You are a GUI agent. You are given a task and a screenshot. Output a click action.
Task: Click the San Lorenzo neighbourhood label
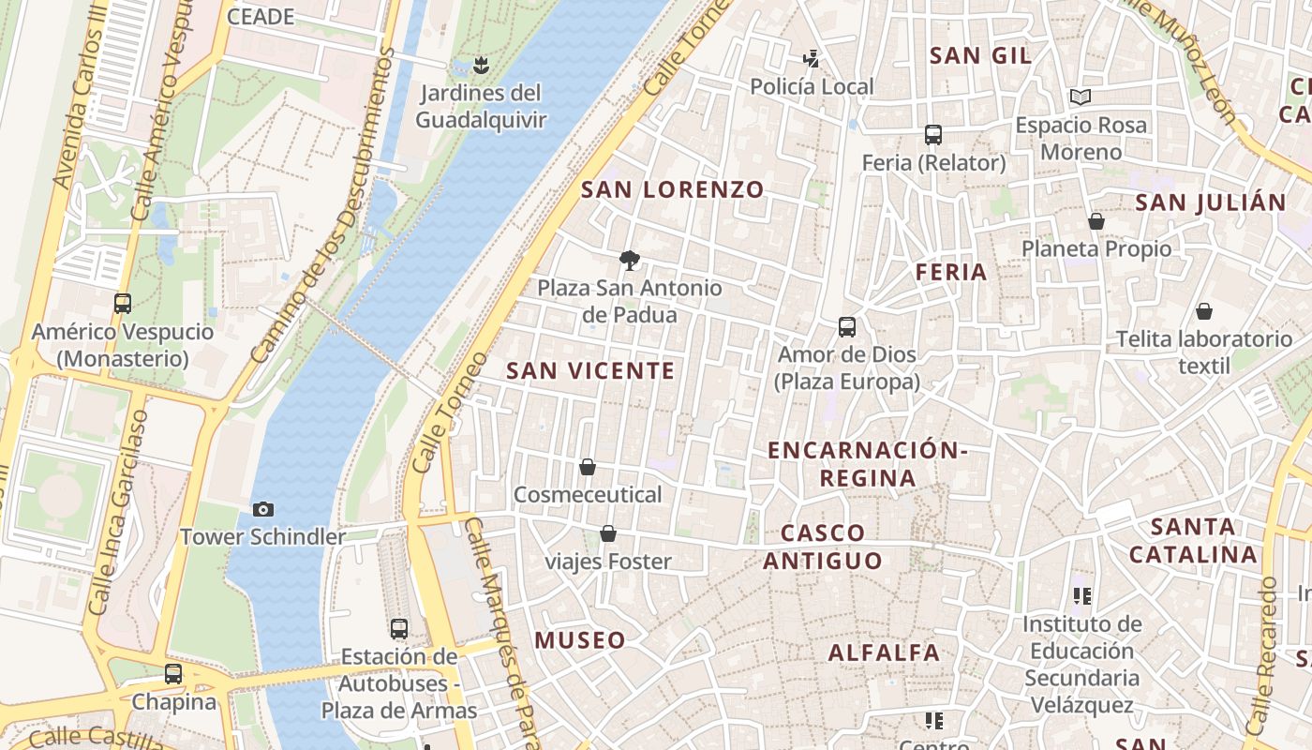coord(673,189)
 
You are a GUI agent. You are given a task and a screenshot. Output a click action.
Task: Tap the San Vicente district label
coord(590,371)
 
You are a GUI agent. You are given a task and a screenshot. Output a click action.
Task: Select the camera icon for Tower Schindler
coord(263,509)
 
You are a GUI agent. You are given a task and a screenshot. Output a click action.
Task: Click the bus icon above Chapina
coord(173,673)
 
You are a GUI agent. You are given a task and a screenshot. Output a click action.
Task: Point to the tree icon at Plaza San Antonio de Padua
coord(630,261)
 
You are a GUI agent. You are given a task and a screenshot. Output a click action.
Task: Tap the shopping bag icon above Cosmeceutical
coord(588,466)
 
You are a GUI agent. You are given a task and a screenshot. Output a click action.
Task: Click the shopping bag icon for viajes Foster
coord(608,533)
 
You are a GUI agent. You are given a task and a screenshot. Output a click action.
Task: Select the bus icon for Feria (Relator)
coord(933,134)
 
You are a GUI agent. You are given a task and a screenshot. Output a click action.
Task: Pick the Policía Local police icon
coord(812,59)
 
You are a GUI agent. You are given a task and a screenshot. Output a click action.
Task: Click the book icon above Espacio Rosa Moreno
coord(1081,97)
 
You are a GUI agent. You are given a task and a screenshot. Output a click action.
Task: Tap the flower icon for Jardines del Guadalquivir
coord(481,65)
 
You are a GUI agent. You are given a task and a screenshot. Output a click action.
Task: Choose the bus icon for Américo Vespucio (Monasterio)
coord(123,303)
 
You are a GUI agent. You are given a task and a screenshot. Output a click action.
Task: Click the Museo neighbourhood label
coord(580,640)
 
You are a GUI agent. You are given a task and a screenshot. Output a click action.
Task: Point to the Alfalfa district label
coord(884,652)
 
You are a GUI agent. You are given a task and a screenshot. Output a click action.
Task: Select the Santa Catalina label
coord(1193,540)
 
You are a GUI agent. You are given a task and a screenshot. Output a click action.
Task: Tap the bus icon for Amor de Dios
coord(847,327)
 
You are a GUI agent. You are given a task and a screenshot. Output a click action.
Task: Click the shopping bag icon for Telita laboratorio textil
coord(1204,310)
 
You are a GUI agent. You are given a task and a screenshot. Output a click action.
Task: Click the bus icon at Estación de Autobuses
coord(399,628)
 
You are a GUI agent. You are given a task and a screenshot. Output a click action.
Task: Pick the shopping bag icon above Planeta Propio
coord(1096,221)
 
